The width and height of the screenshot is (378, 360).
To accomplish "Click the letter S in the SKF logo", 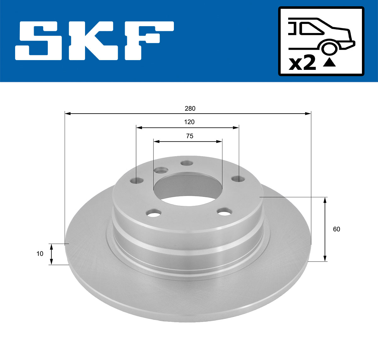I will click(x=38, y=41).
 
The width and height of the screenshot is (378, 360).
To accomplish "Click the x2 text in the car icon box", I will click(x=302, y=64).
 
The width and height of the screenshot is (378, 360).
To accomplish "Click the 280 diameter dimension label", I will click(x=190, y=109).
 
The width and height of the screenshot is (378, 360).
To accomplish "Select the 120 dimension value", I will click(x=189, y=122).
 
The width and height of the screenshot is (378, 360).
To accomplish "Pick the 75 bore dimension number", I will click(x=190, y=136).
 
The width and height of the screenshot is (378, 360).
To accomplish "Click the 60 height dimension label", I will click(x=336, y=229).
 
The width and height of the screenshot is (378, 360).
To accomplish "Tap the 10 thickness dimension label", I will click(x=40, y=254).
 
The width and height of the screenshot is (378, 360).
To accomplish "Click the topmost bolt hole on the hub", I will click(x=187, y=163).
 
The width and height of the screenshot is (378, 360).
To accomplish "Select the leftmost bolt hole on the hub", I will click(x=137, y=181).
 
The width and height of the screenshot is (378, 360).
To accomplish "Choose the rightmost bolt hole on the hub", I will click(x=238, y=179).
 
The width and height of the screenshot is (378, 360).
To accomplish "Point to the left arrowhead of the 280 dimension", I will click(x=67, y=113).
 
